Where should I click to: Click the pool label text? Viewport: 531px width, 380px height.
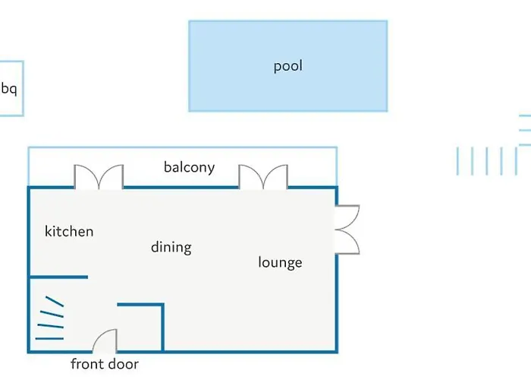[x=287, y=66]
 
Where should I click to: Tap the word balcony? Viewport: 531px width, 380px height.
[x=189, y=167]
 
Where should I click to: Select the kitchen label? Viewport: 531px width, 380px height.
[x=69, y=231]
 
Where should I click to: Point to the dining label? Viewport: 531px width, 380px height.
[x=171, y=247]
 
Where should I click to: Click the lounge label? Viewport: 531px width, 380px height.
[x=280, y=263]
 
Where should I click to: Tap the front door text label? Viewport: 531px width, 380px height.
[x=105, y=364]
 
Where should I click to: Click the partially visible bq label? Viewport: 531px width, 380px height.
[x=8, y=89]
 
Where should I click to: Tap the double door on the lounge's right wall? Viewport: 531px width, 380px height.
[x=347, y=229]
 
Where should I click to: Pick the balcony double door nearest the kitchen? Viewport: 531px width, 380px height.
[x=98, y=176]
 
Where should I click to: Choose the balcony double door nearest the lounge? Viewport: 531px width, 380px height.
[x=263, y=176]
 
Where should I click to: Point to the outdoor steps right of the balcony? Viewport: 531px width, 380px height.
[x=479, y=160]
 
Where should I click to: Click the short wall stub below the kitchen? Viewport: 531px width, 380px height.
[x=59, y=277]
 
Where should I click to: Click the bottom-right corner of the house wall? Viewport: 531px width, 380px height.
[x=337, y=351]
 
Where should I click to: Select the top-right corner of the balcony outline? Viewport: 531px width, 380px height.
[x=336, y=148]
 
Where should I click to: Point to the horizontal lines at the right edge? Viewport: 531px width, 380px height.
[x=525, y=129]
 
